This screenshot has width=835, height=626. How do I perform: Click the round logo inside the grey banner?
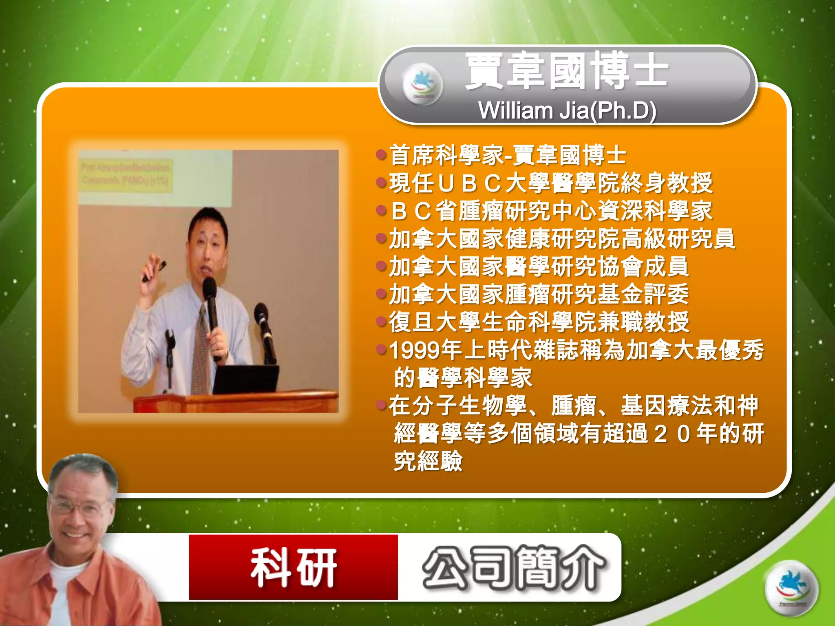pos(422,84)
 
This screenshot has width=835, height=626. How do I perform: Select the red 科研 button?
pos(293,567)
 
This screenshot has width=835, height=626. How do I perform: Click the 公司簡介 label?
pos(514,568)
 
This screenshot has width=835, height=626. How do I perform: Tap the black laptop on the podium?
pos(245,379)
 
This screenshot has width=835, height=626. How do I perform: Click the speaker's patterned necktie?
pos(201,350)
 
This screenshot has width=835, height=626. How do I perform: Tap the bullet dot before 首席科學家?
pos(381,155)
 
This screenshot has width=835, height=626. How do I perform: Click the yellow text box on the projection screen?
pos(125,176)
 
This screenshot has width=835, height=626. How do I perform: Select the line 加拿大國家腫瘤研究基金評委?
pos(538,294)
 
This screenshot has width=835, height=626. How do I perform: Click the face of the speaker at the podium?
pos(207,249)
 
